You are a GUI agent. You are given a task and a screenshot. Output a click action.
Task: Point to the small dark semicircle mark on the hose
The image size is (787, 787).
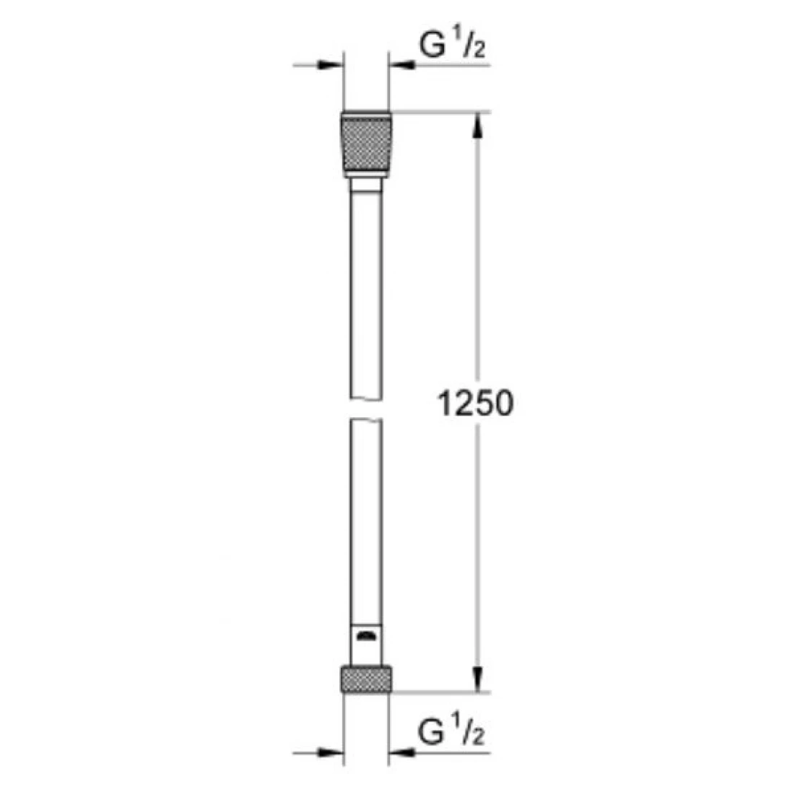tap(365, 635)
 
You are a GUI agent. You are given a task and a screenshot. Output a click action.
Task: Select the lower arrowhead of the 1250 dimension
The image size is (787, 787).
tap(477, 679)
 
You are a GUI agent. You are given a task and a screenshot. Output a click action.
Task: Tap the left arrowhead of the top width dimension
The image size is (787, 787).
tap(331, 66)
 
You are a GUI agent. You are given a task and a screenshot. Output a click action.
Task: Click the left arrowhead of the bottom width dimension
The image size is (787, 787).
tap(331, 754)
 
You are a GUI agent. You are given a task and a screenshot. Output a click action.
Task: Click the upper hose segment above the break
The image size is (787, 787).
tap(365, 289)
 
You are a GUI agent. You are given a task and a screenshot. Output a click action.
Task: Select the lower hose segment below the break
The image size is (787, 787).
tap(365, 520)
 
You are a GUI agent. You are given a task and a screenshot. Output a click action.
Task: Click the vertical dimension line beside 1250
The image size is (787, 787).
tap(477, 289)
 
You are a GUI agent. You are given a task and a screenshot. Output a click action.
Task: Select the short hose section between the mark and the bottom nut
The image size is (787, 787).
tap(365, 653)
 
